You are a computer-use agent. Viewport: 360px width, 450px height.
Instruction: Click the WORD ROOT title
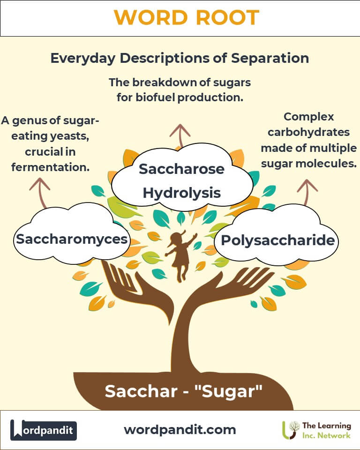pos(187,18)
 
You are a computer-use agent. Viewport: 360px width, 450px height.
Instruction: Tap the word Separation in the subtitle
pos(270,58)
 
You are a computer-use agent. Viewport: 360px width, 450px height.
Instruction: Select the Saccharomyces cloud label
pos(72,239)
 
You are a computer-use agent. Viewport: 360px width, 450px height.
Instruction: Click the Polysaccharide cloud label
pos(277,240)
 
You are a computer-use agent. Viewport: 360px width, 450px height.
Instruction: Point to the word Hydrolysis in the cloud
pos(182,193)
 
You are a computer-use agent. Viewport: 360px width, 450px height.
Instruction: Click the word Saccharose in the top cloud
pos(181,169)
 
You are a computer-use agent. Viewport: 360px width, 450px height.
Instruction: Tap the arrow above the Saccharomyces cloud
pos(41,192)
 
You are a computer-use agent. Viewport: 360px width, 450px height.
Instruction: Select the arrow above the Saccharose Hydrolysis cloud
pos(180,135)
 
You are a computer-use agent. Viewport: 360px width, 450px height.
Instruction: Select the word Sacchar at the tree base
pos(141,391)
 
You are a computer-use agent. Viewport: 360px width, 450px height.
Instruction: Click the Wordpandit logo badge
pos(43,430)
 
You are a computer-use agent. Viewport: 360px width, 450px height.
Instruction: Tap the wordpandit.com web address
pos(180,430)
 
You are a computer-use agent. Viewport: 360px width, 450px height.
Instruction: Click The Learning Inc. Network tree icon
pos(290,430)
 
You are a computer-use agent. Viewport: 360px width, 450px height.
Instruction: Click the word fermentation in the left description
pos(51,167)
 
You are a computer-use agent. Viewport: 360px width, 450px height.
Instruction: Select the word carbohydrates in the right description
pos(308,132)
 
